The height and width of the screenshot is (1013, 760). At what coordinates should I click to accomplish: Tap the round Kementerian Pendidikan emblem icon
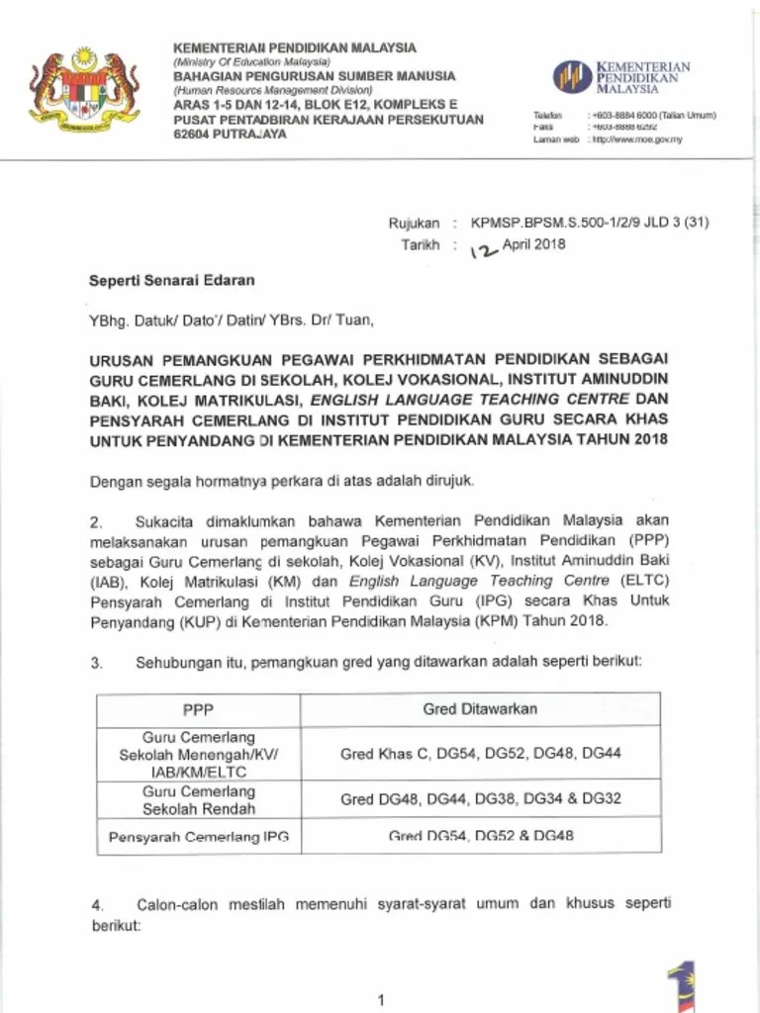[x=572, y=76]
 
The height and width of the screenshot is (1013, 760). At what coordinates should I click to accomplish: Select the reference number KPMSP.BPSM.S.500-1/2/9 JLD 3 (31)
[x=590, y=224]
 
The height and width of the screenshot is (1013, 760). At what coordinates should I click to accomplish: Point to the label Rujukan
[x=414, y=225]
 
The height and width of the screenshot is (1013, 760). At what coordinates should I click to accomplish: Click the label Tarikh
[x=420, y=245]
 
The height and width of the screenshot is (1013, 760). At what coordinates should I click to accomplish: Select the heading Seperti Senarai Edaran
[x=172, y=280]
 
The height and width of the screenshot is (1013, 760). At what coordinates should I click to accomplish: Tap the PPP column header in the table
[x=198, y=709]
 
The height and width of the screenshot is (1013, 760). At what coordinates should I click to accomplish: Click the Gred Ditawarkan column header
[x=480, y=708]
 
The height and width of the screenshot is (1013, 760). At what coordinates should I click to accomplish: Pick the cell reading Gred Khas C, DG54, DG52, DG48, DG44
[x=480, y=754]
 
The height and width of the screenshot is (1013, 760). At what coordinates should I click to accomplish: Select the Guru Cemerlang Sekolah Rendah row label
[x=198, y=799]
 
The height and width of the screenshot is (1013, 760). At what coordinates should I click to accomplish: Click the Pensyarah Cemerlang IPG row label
[x=198, y=837]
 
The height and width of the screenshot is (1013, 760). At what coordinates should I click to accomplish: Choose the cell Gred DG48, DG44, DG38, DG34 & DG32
[x=480, y=799]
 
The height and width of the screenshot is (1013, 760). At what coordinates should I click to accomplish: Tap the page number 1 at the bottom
[x=380, y=1001]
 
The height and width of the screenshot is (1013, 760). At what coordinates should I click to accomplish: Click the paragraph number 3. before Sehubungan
[x=96, y=664]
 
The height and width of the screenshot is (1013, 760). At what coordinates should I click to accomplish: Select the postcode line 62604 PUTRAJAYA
[x=231, y=134]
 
